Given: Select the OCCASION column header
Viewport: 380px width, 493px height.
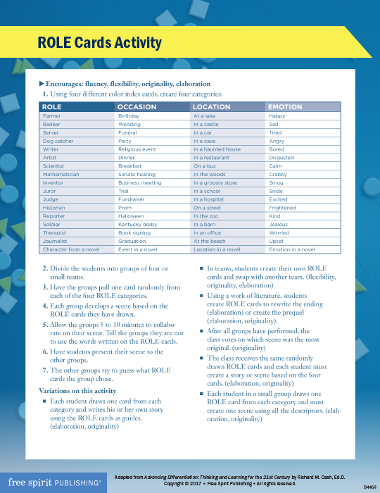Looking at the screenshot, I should [137, 107].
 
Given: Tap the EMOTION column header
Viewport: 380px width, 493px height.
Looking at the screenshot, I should [285, 107].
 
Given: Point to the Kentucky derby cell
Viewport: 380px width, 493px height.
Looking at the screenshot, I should [139, 225].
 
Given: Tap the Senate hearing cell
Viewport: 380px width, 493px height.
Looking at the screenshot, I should [137, 174].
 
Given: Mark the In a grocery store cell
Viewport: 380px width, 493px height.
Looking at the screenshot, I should [215, 182].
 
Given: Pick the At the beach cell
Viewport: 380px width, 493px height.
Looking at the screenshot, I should [210, 241].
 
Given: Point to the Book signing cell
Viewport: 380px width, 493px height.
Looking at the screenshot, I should [134, 232].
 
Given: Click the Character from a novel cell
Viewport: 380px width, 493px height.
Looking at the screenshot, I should [71, 249].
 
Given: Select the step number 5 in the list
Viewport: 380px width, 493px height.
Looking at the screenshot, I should [46, 322].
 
